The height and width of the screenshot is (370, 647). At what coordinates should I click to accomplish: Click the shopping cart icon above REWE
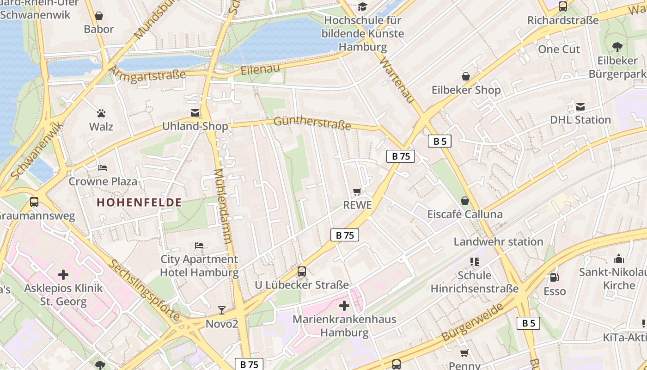coord(357,191)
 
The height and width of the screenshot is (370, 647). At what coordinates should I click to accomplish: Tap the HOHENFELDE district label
coord(139,202)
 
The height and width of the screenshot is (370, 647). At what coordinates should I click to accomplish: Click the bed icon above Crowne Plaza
coord(103,167)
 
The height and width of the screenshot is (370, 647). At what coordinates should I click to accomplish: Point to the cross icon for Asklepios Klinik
coord(63,275)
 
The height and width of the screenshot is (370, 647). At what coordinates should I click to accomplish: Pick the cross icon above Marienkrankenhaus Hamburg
coord(344,306)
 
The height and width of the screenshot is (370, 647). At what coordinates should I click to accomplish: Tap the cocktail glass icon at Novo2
coord(222,310)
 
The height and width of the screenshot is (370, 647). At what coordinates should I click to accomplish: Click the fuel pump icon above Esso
coord(554,277)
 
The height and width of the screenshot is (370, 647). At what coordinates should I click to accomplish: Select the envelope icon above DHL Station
coord(580,107)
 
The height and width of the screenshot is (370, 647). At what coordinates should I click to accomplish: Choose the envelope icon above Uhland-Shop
coord(195,113)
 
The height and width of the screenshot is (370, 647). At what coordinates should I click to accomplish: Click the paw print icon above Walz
coord(101,113)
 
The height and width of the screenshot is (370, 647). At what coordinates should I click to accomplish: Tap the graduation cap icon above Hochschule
coord(362,7)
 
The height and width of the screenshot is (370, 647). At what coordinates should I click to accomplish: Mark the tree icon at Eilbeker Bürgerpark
coord(617,47)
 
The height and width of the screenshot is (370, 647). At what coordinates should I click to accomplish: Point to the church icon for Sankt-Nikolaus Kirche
coord(619,258)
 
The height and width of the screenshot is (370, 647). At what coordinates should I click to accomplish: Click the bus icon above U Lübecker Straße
coord(302,271)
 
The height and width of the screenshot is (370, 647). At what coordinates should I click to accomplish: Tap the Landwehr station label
coord(498,241)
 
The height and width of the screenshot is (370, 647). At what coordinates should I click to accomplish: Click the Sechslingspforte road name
coord(144,290)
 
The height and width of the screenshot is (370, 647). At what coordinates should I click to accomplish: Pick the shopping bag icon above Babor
coord(99,16)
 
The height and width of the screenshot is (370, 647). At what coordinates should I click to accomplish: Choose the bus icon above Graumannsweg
coord(34,202)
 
